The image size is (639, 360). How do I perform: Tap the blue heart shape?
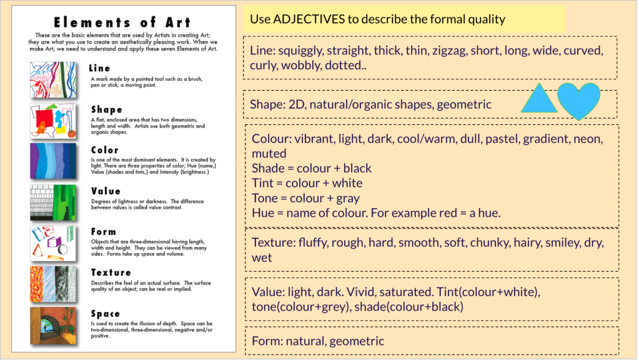click(x=578, y=100)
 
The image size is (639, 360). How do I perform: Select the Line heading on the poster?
click(x=100, y=68)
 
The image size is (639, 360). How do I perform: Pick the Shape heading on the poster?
click(x=107, y=109)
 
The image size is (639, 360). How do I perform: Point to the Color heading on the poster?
click(x=104, y=150)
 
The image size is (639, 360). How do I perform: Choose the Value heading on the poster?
click(x=106, y=191)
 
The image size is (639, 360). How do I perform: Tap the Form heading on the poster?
click(x=103, y=232)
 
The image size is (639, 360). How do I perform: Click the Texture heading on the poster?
click(x=111, y=272)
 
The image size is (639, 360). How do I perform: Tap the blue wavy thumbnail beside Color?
click(x=53, y=161)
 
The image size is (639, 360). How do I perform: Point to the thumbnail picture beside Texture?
click(x=53, y=284)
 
